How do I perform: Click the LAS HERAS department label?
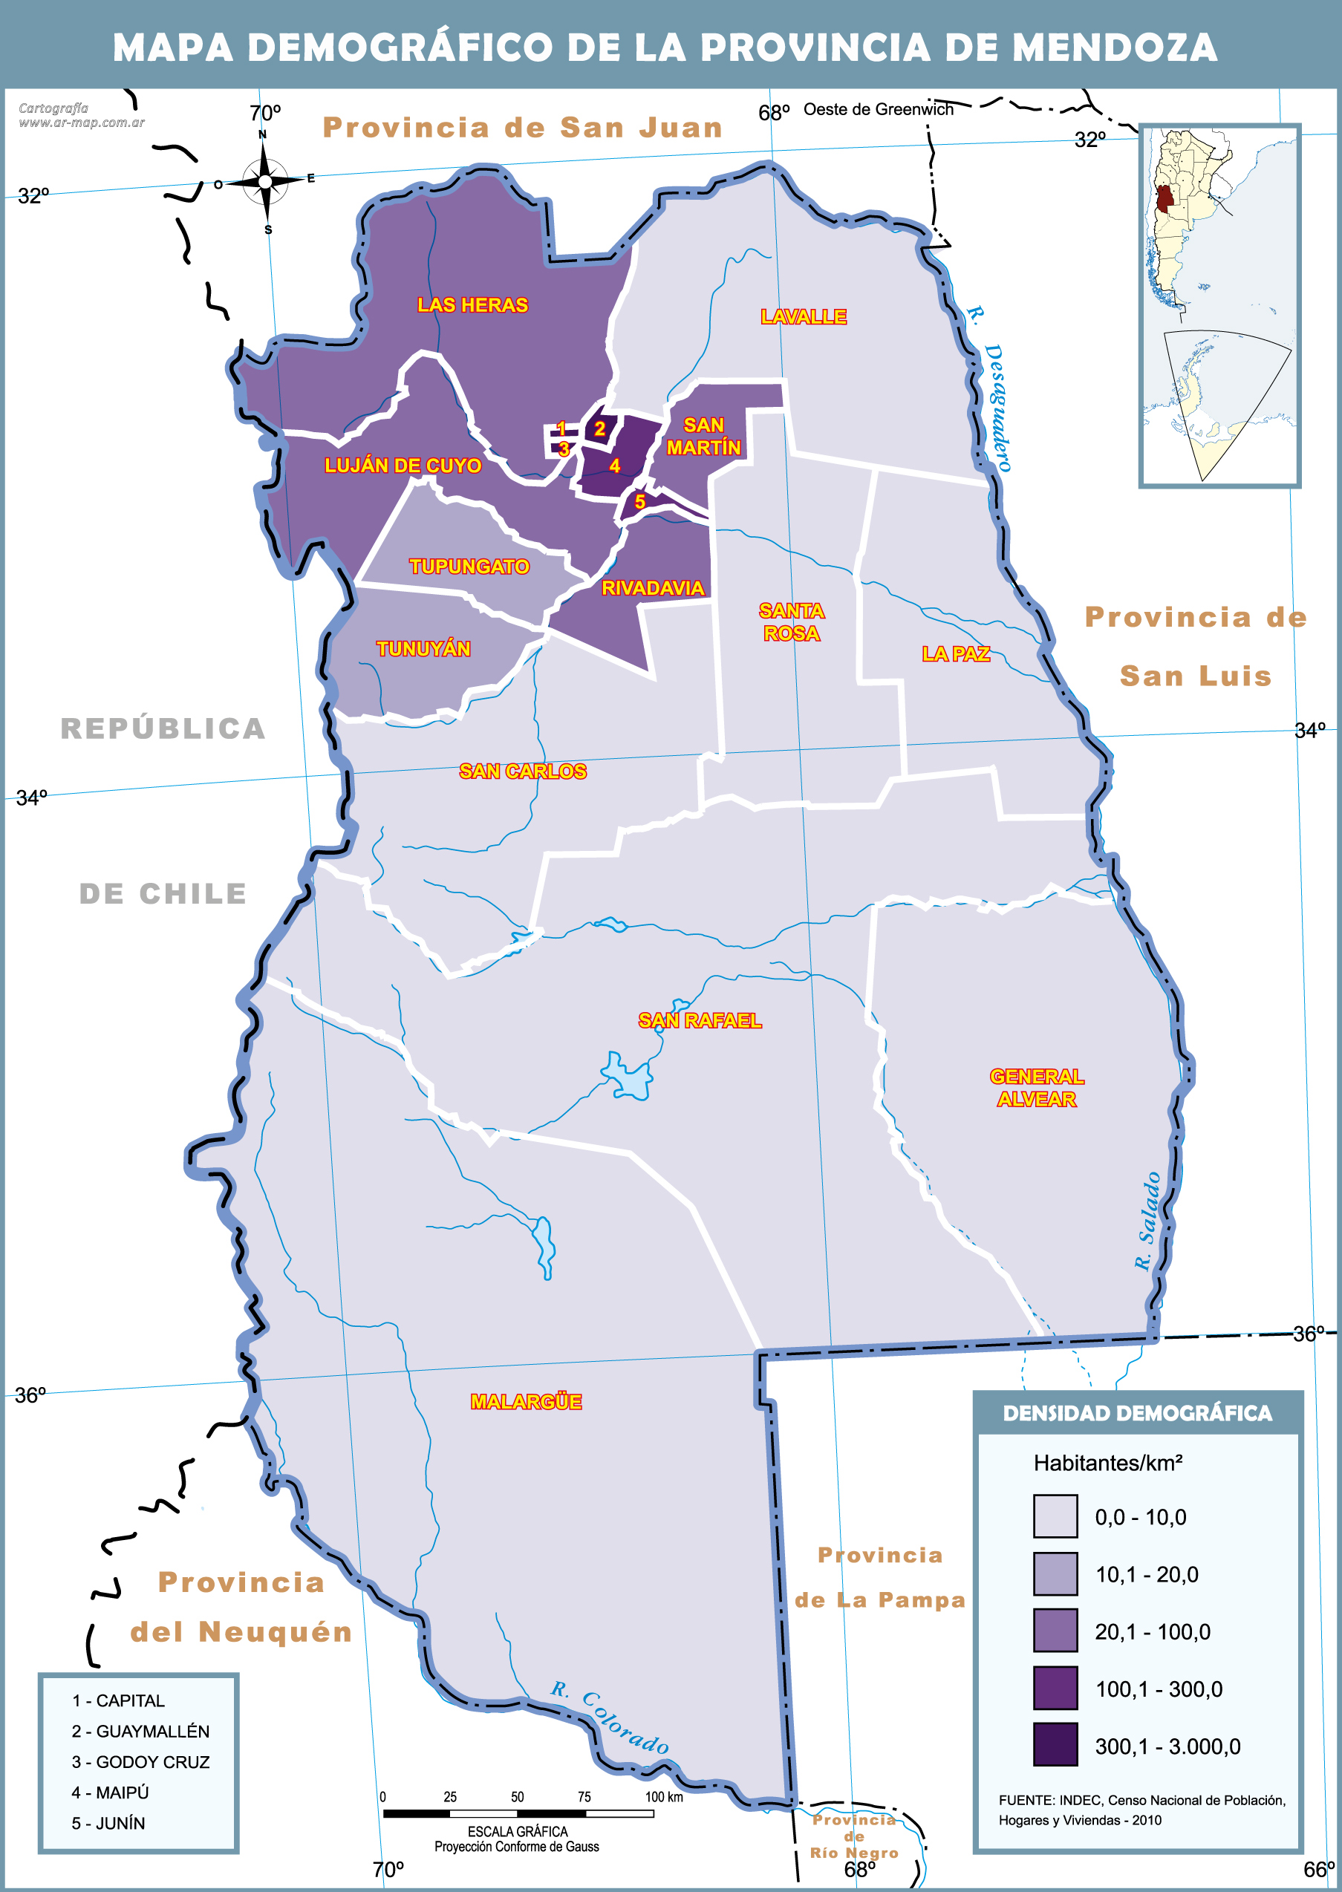(472, 305)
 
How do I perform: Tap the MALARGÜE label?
(526, 1401)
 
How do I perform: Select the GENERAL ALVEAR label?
(1036, 1087)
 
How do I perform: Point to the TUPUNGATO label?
(469, 566)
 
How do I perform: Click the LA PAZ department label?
(955, 653)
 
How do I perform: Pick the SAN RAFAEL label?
(699, 1020)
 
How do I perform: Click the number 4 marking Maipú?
(614, 466)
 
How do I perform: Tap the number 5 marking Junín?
(639, 501)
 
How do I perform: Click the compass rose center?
(264, 181)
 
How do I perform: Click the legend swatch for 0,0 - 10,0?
(1055, 1516)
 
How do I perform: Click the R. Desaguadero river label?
(991, 388)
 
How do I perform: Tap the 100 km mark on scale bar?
(654, 1814)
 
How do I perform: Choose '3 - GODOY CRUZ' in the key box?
(140, 1761)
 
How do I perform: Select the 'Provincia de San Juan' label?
(522, 127)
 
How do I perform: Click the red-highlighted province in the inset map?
(1165, 199)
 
